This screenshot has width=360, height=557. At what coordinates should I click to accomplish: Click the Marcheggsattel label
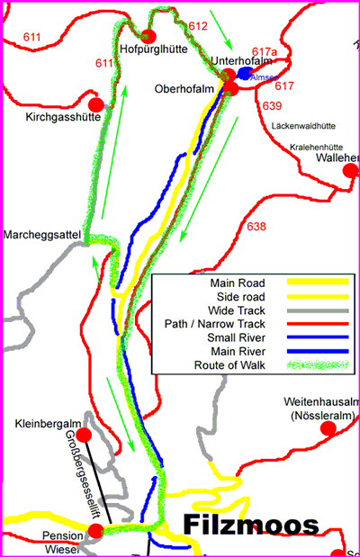40,235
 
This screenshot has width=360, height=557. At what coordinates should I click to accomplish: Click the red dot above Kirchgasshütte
95,93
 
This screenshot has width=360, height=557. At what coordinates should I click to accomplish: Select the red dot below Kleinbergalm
84,436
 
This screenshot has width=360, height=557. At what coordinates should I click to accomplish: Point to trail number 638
256,227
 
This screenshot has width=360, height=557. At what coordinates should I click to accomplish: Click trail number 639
273,106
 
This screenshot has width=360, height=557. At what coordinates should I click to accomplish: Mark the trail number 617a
265,52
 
